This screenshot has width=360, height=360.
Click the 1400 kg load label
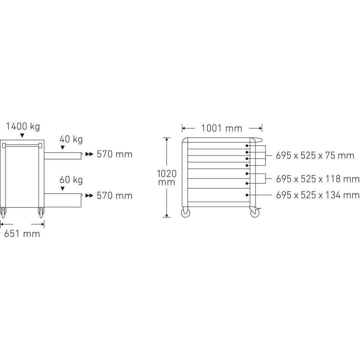(x=23, y=127)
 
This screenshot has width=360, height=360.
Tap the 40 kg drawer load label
(x=71, y=140)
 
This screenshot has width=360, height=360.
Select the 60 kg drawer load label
(x=71, y=180)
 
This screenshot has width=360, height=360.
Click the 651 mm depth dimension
(x=22, y=234)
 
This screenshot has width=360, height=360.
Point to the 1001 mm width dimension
(x=222, y=128)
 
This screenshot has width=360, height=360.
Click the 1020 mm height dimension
(x=166, y=178)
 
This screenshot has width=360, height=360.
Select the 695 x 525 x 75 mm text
(x=315, y=156)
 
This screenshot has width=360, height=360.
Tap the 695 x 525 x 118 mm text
(x=318, y=179)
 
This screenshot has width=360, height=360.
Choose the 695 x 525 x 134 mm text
(x=318, y=195)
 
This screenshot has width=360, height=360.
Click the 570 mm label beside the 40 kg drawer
(x=115, y=154)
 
